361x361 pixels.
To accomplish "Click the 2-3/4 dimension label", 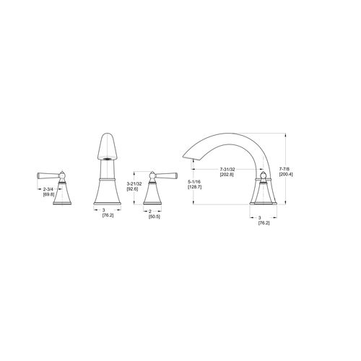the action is [x=48, y=189].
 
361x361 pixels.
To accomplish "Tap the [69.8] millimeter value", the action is [x=49, y=194].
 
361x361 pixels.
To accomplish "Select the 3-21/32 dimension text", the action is [x=134, y=184].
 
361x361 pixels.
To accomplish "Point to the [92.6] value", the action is [x=132, y=189].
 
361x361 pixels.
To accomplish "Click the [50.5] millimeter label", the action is [x=155, y=217].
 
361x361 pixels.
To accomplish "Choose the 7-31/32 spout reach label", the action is [x=227, y=170].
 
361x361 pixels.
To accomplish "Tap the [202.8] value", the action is [x=227, y=175].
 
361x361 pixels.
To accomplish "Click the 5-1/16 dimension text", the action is [x=194, y=182].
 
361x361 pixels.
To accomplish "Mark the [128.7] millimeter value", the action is [x=194, y=187].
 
